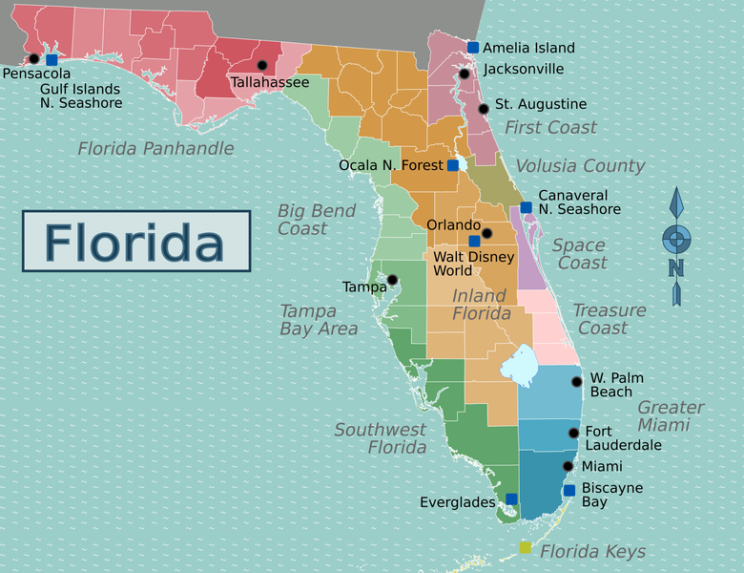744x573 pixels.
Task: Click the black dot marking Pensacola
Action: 34,58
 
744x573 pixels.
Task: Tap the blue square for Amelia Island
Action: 473,47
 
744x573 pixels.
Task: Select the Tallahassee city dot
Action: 262,65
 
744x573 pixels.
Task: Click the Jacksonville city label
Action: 524,69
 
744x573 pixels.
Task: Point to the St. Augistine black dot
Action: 484,109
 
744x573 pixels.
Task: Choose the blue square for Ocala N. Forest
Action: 453,165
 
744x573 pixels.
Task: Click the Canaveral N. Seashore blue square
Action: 526,207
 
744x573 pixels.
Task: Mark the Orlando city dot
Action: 486,233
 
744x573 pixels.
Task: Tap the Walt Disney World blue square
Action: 474,242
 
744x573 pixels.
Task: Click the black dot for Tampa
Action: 392,280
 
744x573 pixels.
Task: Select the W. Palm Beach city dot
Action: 576,382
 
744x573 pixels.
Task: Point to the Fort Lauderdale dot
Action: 573,433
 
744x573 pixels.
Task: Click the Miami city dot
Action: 568,467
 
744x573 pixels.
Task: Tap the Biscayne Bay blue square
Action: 569,491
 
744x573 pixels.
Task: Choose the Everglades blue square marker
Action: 511,499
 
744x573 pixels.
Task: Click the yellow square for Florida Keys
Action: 525,547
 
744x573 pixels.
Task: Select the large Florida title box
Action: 136,241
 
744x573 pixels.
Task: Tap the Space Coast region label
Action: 579,254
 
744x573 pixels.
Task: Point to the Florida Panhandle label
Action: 155,148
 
